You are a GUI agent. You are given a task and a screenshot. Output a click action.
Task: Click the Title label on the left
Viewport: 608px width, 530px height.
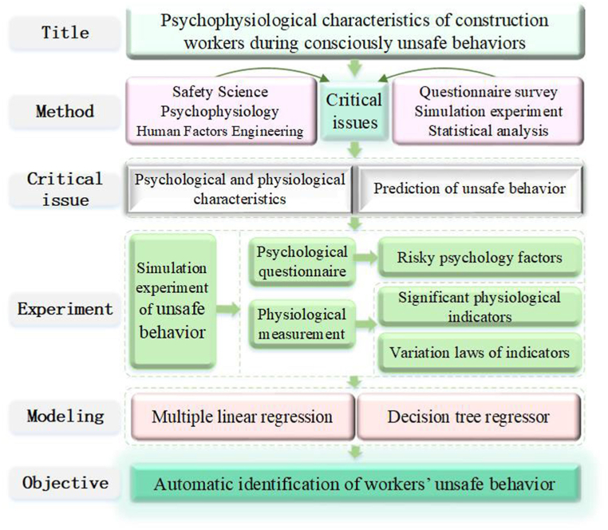(x=65, y=33)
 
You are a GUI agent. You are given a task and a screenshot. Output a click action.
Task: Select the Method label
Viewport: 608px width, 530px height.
(x=65, y=111)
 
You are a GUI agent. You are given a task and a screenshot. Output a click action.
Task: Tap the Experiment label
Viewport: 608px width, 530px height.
(x=65, y=309)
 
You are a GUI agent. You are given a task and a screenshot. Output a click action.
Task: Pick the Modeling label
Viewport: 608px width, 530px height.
(x=65, y=416)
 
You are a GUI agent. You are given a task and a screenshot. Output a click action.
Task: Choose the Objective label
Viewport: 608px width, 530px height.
(x=65, y=483)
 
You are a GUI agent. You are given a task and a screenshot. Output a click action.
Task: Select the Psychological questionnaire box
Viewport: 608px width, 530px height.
(x=301, y=261)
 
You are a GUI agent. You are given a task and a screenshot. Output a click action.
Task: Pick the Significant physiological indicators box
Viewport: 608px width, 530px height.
(x=479, y=307)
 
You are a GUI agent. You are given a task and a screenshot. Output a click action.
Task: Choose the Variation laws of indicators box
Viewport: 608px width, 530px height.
(x=479, y=352)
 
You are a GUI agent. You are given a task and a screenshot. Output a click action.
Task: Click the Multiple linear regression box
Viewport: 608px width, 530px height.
(x=243, y=417)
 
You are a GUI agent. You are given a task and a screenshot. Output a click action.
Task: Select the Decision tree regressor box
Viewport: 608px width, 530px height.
(x=469, y=417)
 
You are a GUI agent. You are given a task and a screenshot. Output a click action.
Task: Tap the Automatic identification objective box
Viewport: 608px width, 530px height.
(x=354, y=484)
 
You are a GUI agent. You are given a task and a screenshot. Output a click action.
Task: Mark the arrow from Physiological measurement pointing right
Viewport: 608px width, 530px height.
(x=365, y=324)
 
